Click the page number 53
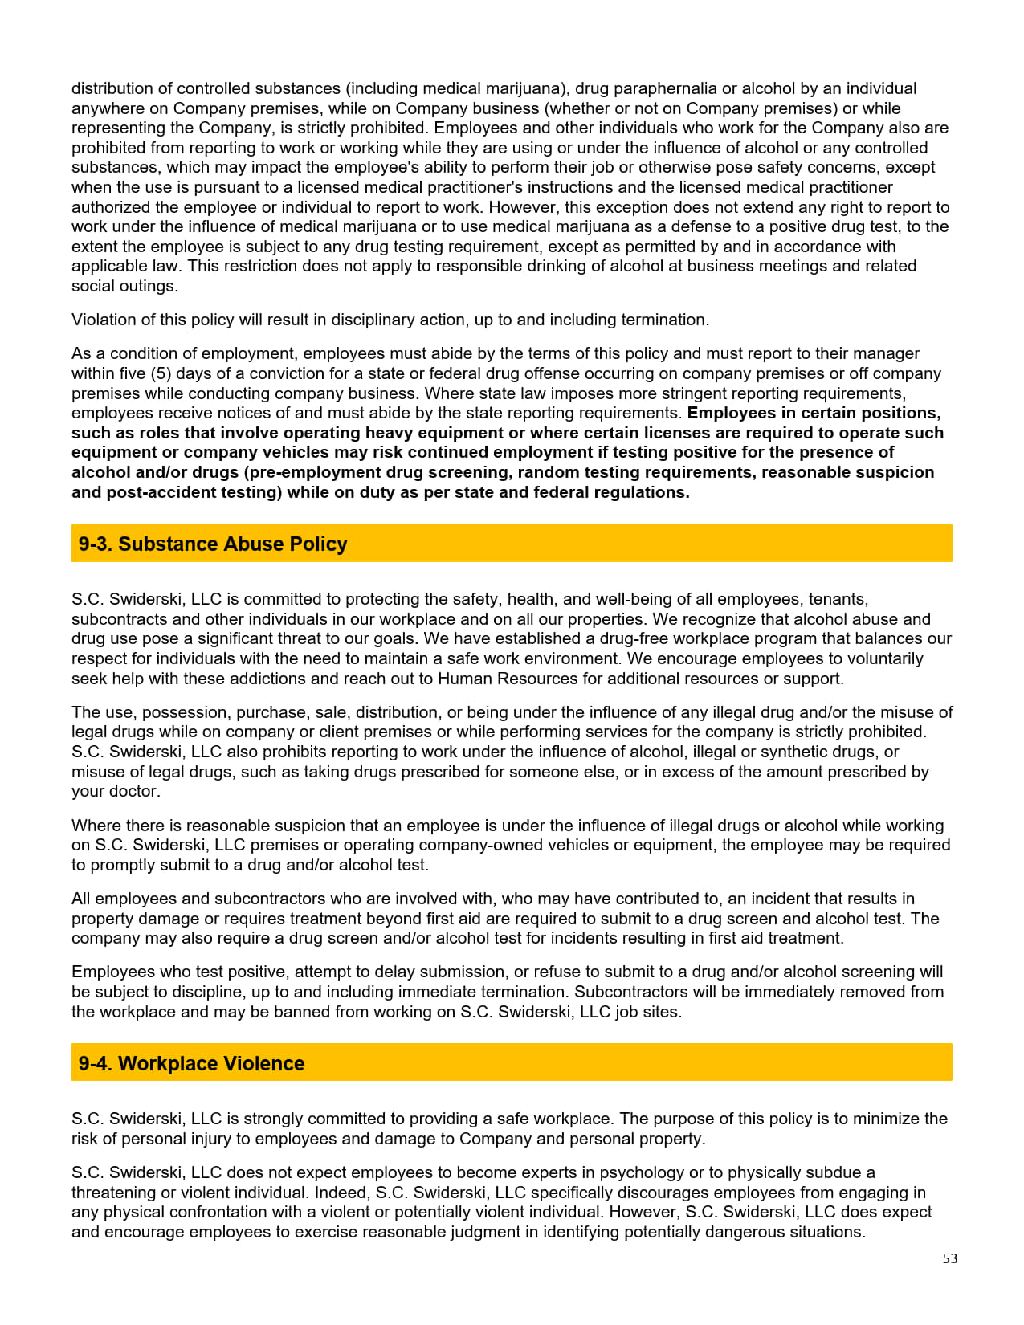pyautogui.click(x=950, y=1258)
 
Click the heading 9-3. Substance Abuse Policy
pyautogui.click(x=213, y=544)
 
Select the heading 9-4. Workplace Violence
pyautogui.click(x=191, y=1063)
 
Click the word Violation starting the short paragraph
pyautogui.click(x=103, y=320)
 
